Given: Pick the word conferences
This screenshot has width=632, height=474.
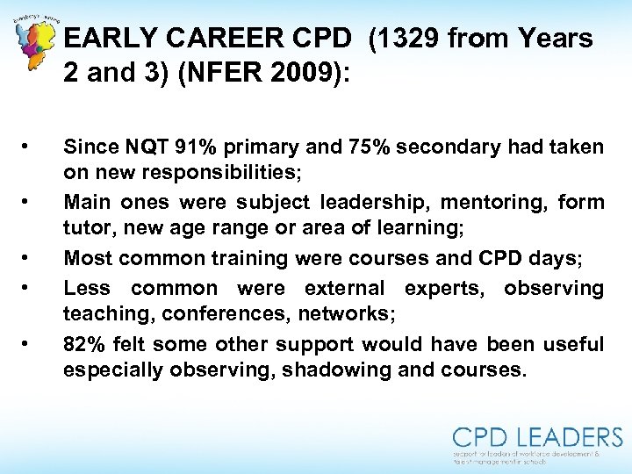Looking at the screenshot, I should pos(235,313).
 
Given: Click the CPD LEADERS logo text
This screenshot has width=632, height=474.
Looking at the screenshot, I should pos(537,436).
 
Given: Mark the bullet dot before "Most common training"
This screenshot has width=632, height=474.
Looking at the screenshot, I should pos(30,258).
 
